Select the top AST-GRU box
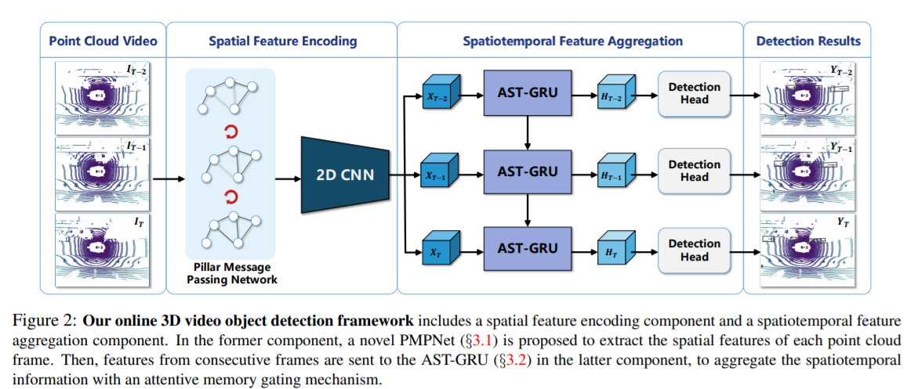[528, 92]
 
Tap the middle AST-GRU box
[528, 171]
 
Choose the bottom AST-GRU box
[528, 248]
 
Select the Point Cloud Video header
[103, 41]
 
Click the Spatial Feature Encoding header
[282, 41]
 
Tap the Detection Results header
[807, 41]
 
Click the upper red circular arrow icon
[230, 130]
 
